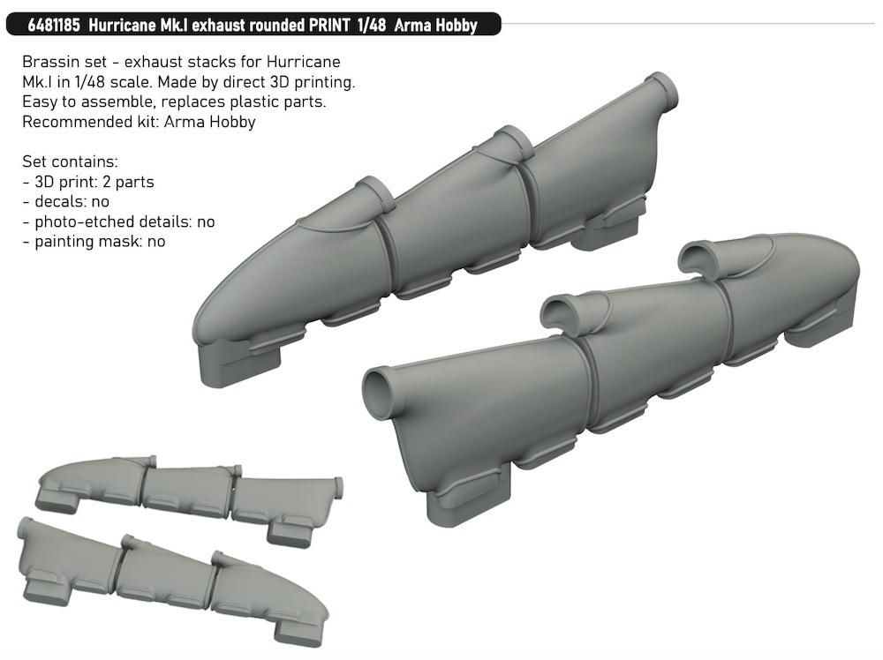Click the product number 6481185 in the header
tap(54, 26)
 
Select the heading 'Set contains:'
tap(71, 162)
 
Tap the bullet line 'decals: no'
tap(66, 202)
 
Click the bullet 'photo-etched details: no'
tap(119, 222)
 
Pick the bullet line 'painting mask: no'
tap(94, 242)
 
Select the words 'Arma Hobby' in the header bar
tap(435, 26)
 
